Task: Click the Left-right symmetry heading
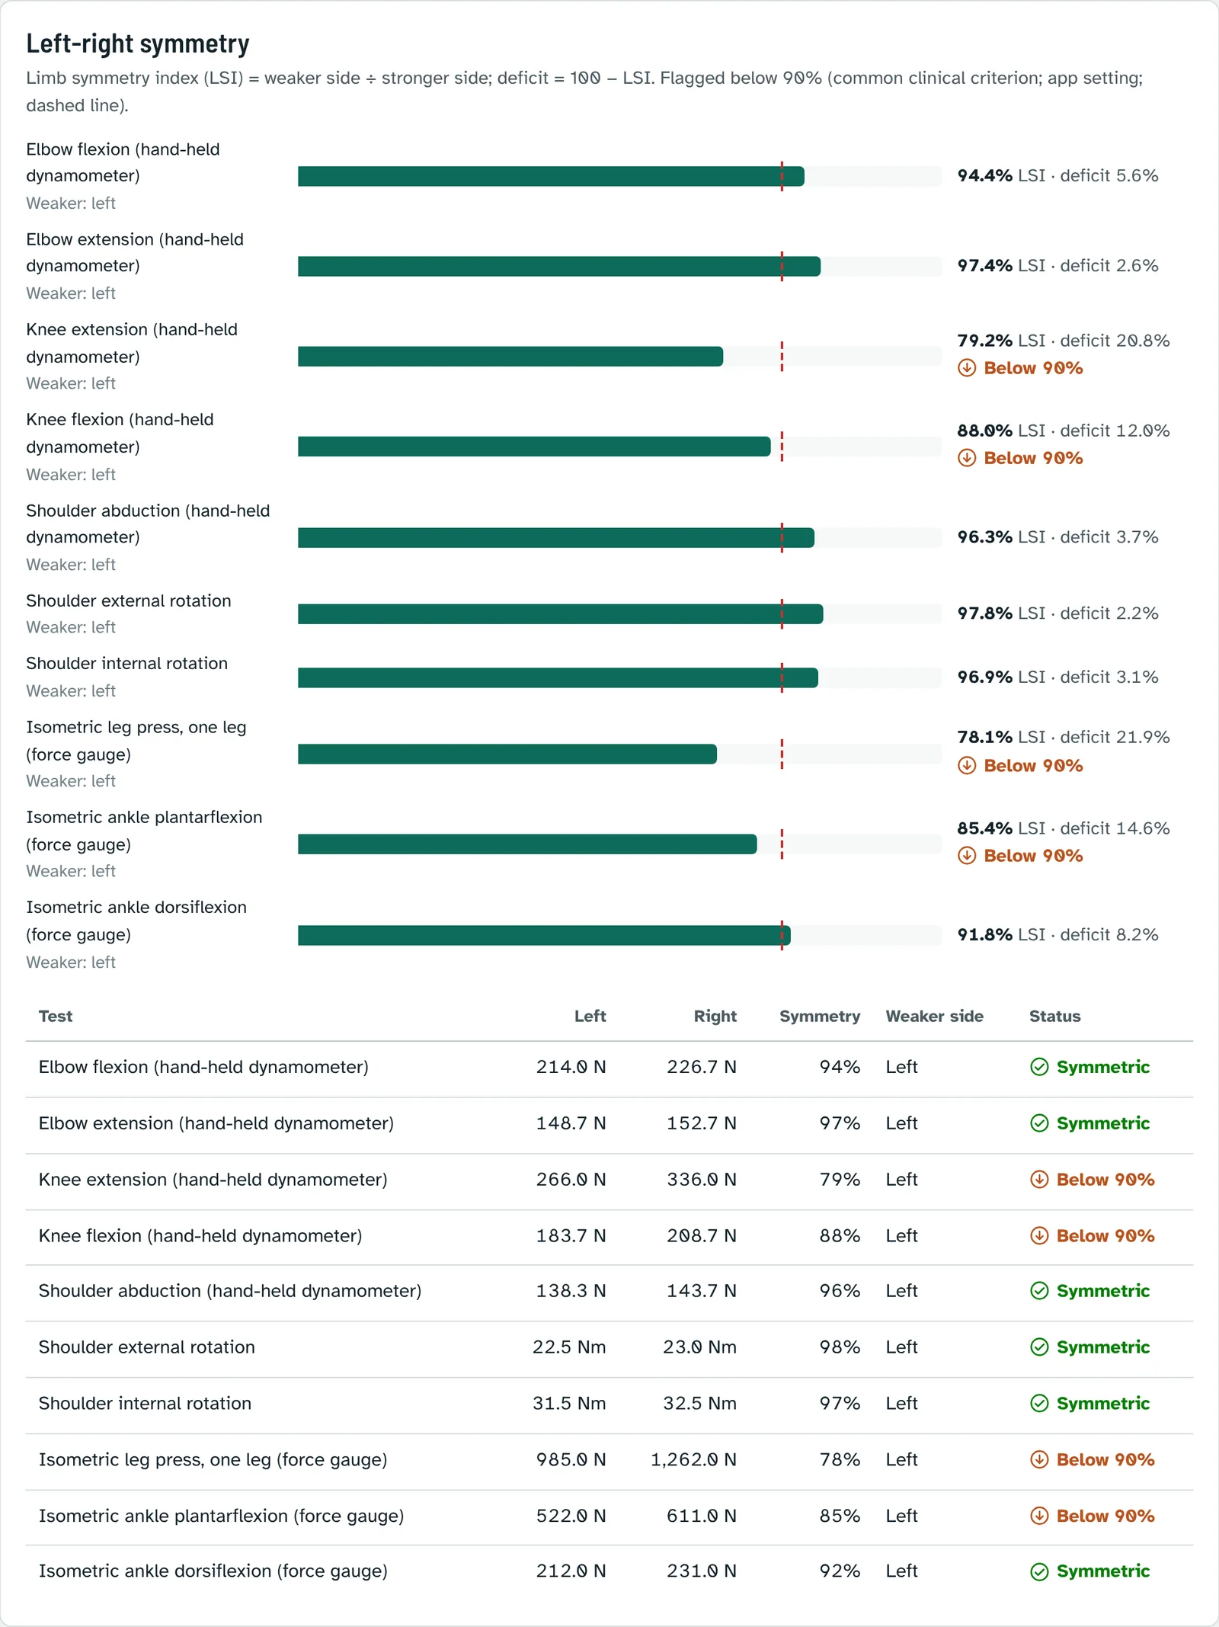[138, 44]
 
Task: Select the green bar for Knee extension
[510, 357]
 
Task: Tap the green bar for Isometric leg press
[507, 754]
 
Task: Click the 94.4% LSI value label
[1001, 176]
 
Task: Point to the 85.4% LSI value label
[1001, 828]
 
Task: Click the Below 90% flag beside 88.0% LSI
[1020, 458]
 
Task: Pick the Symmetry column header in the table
[820, 1016]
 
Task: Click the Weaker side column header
[935, 1016]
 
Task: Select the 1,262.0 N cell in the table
[693, 1459]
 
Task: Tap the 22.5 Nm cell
[569, 1347]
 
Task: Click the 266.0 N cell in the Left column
[571, 1180]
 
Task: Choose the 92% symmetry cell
[840, 1571]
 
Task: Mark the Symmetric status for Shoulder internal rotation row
[1089, 1404]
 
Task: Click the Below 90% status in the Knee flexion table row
[1092, 1236]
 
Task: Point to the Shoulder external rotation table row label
[147, 1347]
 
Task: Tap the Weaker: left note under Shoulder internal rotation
[71, 691]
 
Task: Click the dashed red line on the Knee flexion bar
[782, 447]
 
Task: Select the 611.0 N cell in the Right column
[702, 1516]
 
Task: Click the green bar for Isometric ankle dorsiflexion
[544, 936]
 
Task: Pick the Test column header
[56, 1016]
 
